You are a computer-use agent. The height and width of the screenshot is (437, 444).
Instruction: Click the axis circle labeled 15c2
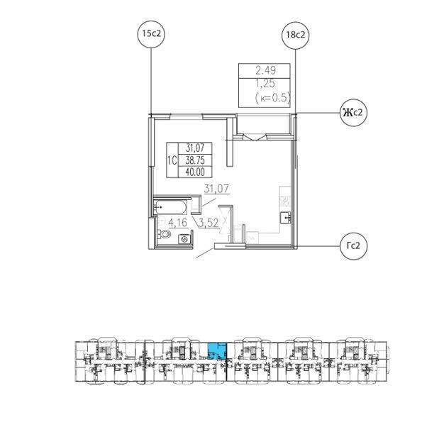pos(151,35)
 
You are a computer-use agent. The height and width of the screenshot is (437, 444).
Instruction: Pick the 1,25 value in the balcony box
pos(265,84)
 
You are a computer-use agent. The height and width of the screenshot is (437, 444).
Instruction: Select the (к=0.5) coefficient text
pos(272,98)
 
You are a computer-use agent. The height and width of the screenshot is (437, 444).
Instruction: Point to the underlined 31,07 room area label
pos(217,189)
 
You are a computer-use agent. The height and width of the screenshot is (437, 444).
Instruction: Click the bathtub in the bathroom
pos(170,208)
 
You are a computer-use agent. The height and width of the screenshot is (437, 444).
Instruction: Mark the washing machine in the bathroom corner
pos(185,240)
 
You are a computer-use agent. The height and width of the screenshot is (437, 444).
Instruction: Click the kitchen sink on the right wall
pos(285,216)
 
